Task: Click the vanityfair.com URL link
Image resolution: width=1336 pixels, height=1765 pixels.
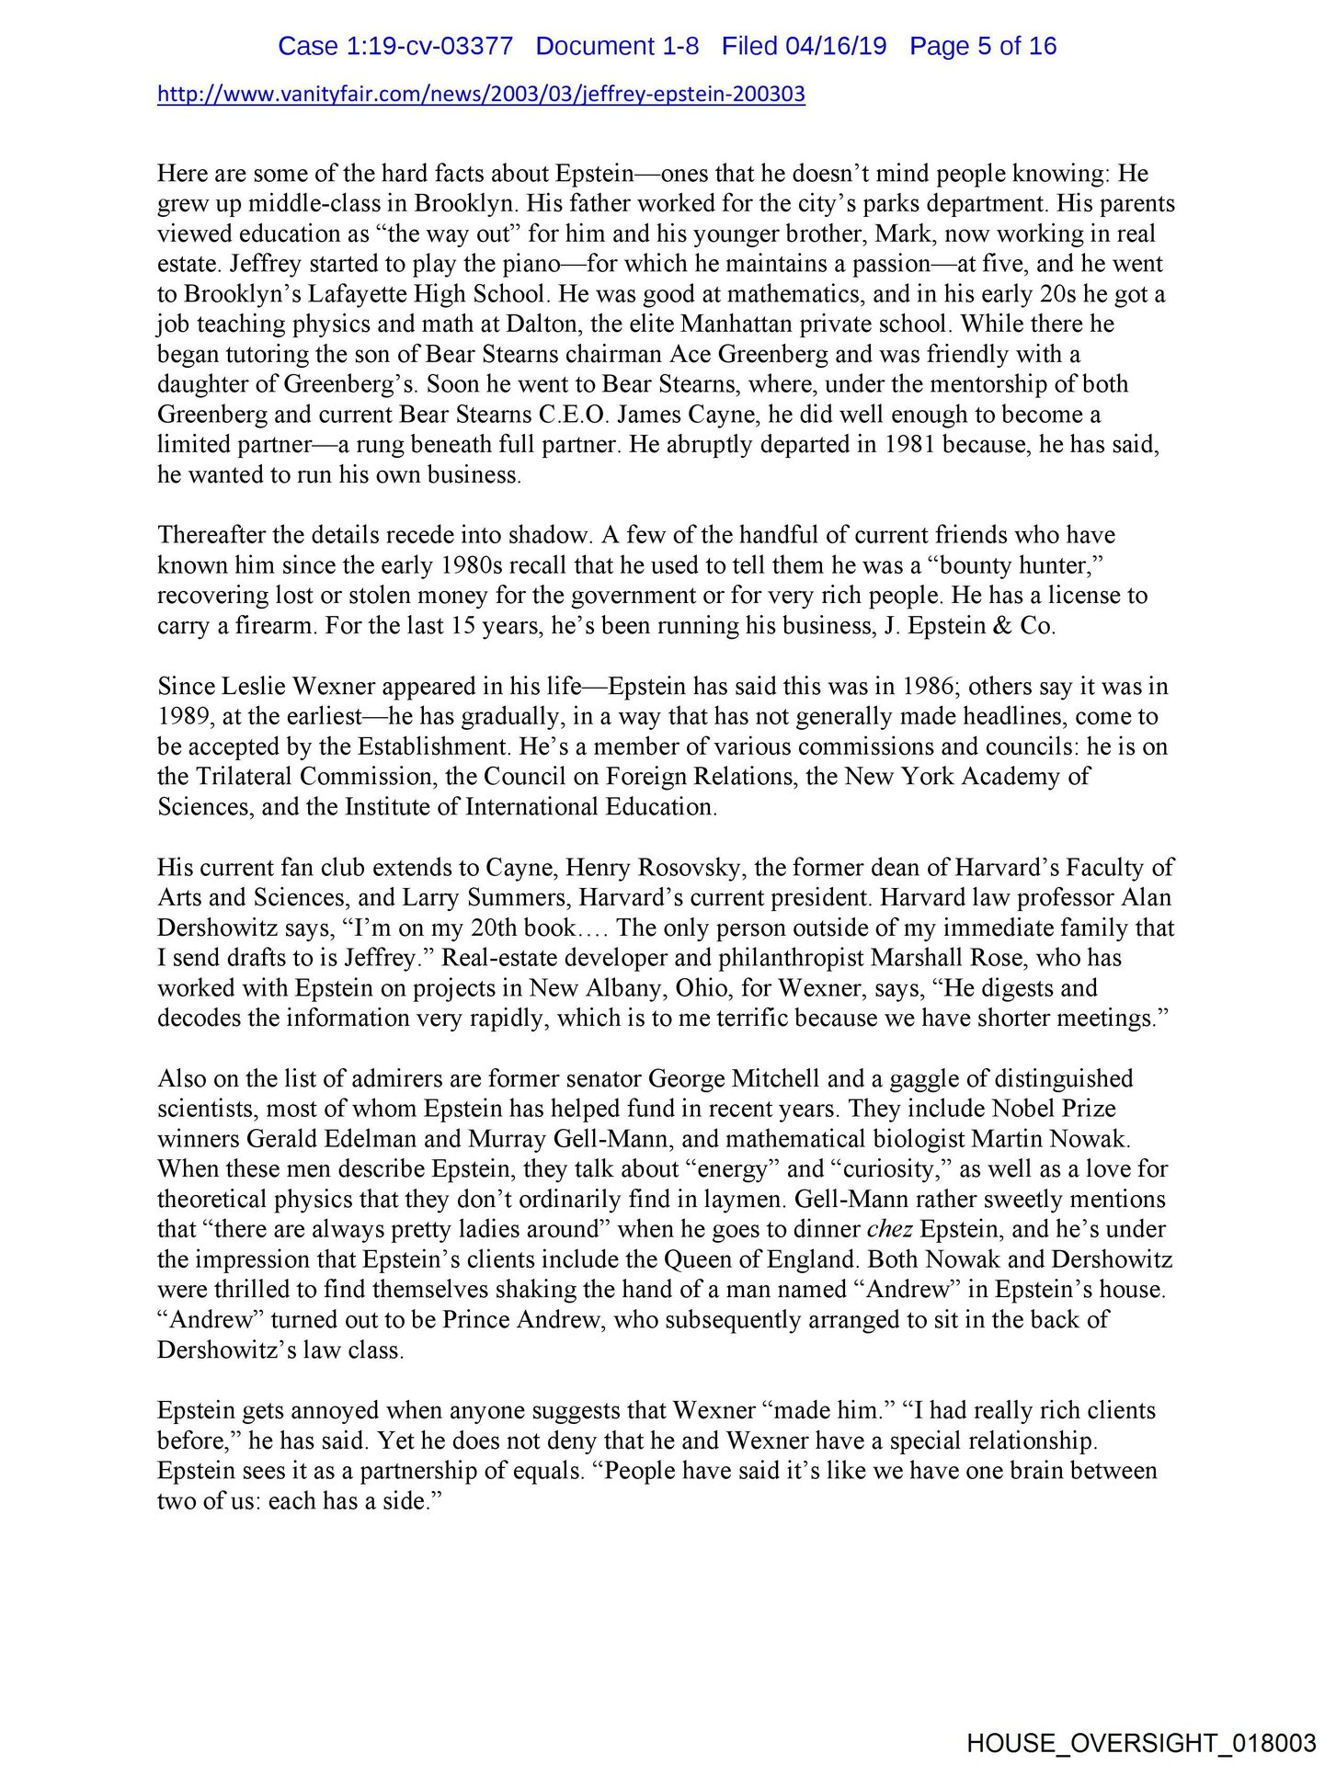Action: click(481, 94)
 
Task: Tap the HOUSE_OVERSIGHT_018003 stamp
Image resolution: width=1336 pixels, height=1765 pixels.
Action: click(1141, 1742)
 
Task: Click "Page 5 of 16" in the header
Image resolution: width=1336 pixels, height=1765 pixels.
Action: click(983, 46)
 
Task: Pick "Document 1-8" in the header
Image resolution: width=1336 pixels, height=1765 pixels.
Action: click(617, 46)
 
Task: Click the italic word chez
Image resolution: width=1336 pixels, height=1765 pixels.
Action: click(889, 1230)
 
